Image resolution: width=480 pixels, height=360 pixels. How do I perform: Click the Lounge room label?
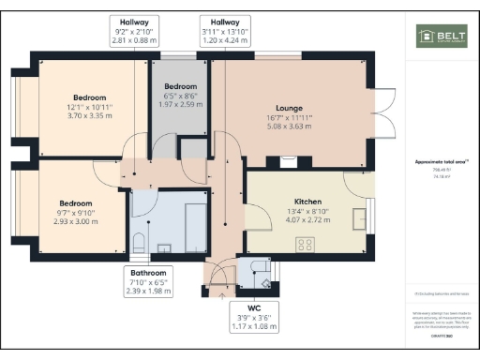pos(288,107)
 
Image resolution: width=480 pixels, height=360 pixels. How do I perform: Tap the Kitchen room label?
pos(307,202)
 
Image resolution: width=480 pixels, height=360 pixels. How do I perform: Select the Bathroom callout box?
pos(151,281)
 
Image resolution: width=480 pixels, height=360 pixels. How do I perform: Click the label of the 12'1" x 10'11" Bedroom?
pos(90,97)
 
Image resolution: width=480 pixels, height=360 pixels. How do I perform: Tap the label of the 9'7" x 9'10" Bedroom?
pos(76,203)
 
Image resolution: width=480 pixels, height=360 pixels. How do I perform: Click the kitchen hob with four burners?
pos(306,244)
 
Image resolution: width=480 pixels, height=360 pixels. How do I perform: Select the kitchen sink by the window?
pos(360,218)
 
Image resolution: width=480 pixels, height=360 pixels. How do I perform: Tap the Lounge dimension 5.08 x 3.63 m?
pos(288,127)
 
